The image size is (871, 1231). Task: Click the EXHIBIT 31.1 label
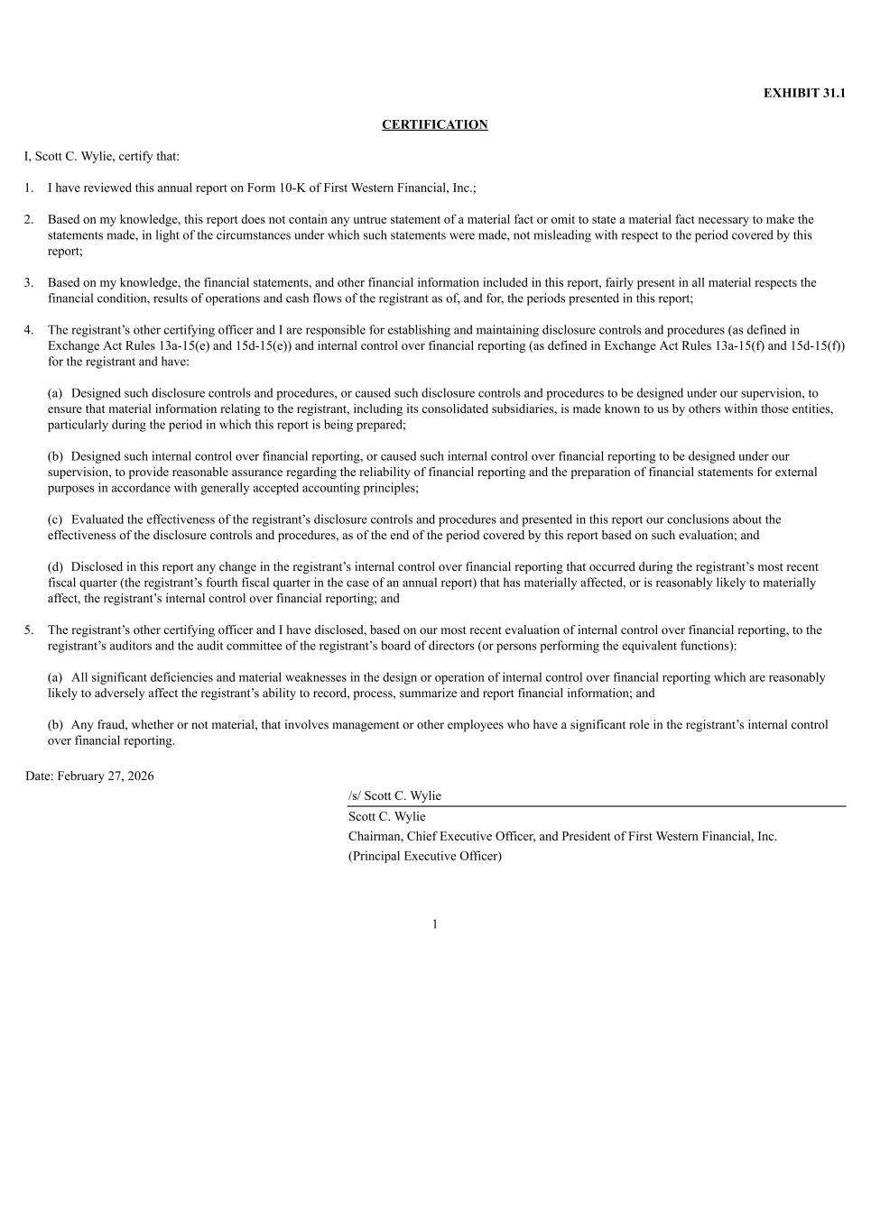[x=804, y=93]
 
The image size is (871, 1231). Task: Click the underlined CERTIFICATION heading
[x=434, y=124]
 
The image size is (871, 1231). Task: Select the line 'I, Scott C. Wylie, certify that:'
[x=102, y=156]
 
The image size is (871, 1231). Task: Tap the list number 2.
[x=29, y=219]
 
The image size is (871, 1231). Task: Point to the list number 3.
[x=29, y=282]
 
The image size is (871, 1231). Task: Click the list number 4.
[x=29, y=330]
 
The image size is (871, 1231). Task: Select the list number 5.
[x=29, y=630]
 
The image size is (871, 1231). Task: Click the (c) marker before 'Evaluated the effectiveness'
[x=56, y=519]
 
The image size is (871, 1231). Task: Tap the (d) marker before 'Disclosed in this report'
[x=56, y=567]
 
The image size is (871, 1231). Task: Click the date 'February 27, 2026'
[x=106, y=776]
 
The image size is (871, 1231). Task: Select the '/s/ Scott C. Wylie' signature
[x=394, y=795]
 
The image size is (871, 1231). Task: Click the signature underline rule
[x=596, y=806]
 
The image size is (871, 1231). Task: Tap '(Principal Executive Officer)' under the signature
[x=425, y=856]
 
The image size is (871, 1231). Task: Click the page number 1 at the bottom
[x=435, y=923]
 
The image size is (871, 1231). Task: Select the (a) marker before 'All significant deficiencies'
[x=56, y=677]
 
